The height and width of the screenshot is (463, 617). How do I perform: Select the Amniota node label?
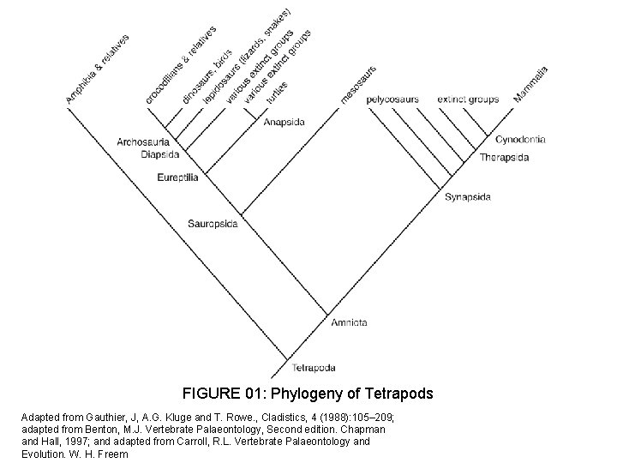coord(348,322)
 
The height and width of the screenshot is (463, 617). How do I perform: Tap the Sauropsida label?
coord(213,224)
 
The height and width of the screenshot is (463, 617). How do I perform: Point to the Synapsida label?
coord(468,197)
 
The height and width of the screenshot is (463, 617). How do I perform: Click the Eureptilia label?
coord(178,177)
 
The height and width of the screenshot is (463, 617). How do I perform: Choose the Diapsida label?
coord(160,154)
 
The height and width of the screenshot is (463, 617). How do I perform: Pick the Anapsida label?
coord(283,122)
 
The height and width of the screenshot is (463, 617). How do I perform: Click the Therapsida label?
coord(504,158)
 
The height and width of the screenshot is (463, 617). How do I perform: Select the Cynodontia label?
coord(520,139)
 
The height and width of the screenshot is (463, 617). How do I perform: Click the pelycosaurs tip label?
coord(392,99)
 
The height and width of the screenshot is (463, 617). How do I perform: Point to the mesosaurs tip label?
coord(358,84)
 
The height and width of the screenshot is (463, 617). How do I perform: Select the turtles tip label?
coord(276,93)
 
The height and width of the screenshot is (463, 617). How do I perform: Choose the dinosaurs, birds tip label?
coord(207,77)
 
